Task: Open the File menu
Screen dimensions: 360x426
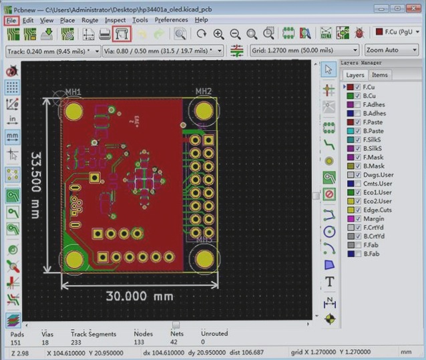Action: pyautogui.click(x=11, y=20)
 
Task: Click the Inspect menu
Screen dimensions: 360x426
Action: pyautogui.click(x=115, y=20)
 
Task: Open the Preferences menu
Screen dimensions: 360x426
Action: pyautogui.click(x=172, y=20)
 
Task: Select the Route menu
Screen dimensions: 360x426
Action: pyautogui.click(x=89, y=20)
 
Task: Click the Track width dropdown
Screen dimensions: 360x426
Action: pyautogui.click(x=53, y=50)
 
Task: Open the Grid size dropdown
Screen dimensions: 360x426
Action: pyautogui.click(x=304, y=50)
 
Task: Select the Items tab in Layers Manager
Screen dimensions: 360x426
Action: pyautogui.click(x=379, y=75)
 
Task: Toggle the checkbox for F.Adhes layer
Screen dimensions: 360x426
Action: pyautogui.click(x=358, y=105)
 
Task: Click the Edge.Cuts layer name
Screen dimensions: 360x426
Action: pyautogui.click(x=377, y=210)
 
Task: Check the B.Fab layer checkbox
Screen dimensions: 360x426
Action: pyautogui.click(x=358, y=254)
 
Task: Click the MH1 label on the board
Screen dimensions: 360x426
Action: pyautogui.click(x=73, y=92)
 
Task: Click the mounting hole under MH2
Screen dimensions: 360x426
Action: pyautogui.click(x=203, y=110)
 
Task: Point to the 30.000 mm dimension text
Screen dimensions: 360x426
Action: pyautogui.click(x=140, y=296)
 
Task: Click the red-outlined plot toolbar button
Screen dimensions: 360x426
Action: pyautogui.click(x=122, y=33)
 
